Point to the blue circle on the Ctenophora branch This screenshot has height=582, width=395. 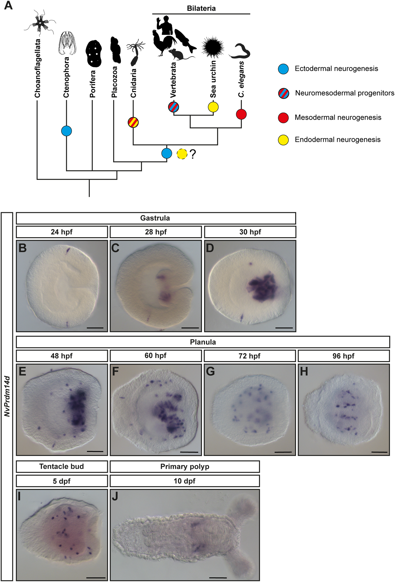coord(67,131)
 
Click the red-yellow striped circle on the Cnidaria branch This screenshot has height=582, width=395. coord(133,123)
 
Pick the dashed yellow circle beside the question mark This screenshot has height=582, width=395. coord(182,154)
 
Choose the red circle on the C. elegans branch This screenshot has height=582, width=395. coord(241,114)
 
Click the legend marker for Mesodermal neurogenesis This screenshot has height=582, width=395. coord(284,118)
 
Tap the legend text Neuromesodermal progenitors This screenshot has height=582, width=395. coord(344,93)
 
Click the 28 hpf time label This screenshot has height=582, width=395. coord(156,232)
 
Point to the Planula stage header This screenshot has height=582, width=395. coord(203,342)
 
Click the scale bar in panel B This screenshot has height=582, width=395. coord(95,328)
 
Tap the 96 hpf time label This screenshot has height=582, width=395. coord(343,356)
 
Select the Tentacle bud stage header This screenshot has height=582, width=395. coord(62,467)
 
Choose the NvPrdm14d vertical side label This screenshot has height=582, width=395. coord(7,396)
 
